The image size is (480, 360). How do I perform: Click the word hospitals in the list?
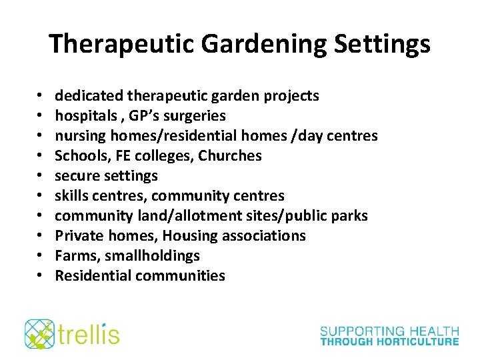pyautogui.click(x=82, y=116)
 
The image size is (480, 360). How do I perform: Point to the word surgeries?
pyautogui.click(x=193, y=116)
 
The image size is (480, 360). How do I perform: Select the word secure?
pyautogui.click(x=75, y=176)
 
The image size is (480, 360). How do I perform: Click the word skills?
pyautogui.click(x=70, y=196)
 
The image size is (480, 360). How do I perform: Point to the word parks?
pyautogui.click(x=350, y=216)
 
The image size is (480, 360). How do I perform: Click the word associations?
pyautogui.click(x=265, y=236)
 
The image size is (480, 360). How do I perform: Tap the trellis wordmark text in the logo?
pyautogui.click(x=88, y=333)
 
